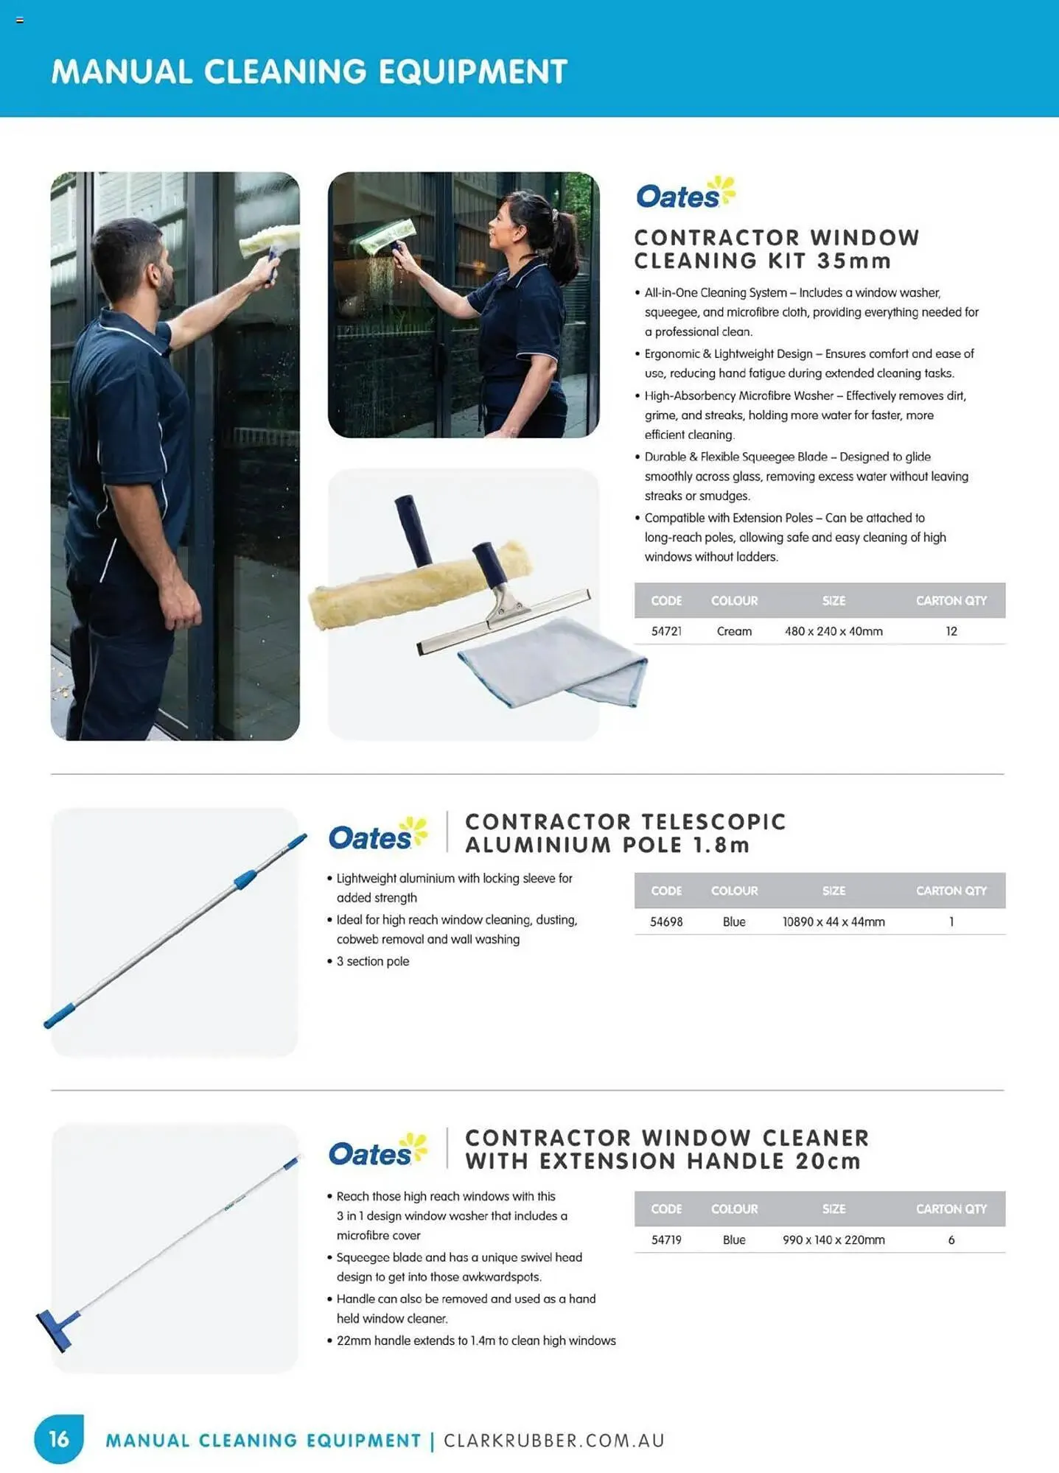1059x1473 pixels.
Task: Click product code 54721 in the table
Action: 666,631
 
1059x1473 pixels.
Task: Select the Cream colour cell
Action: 734,631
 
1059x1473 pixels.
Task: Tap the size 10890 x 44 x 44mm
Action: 833,921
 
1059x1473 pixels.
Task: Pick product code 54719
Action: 666,1240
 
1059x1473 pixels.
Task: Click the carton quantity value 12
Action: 951,631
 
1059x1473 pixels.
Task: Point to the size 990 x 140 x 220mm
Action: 833,1240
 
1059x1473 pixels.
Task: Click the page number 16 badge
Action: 59,1438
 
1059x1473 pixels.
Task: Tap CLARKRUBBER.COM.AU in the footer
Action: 554,1440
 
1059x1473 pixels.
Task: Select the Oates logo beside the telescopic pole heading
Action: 377,835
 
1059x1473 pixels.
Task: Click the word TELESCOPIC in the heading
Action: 713,822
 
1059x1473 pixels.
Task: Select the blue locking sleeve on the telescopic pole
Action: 245,879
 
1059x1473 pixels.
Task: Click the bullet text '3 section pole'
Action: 372,961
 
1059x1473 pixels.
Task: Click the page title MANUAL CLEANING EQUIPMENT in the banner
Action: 310,71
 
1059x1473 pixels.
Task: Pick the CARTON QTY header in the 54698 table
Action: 951,890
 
